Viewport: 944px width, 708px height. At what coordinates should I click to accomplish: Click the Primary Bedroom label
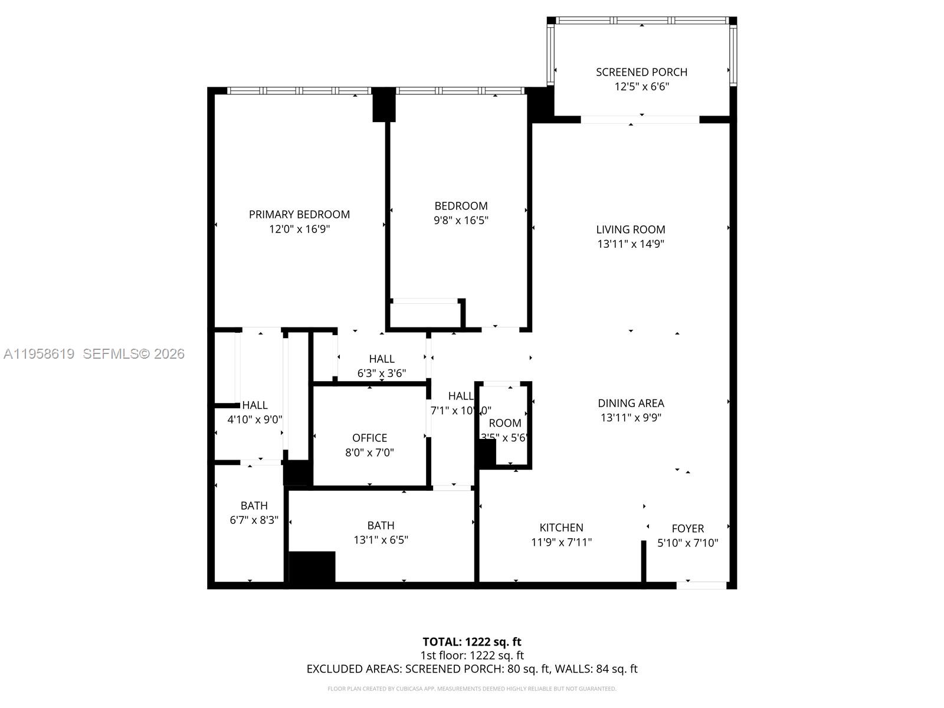click(299, 214)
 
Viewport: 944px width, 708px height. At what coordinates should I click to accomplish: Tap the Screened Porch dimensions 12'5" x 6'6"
click(641, 87)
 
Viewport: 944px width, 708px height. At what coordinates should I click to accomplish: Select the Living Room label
click(630, 230)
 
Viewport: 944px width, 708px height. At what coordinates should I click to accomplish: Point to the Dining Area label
click(631, 403)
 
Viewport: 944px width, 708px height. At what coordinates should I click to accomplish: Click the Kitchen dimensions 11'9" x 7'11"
click(561, 542)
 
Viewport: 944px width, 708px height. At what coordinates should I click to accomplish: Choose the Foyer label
click(687, 529)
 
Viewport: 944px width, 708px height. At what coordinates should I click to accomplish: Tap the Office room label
click(369, 438)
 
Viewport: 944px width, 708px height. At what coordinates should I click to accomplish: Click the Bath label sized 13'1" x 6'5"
click(381, 525)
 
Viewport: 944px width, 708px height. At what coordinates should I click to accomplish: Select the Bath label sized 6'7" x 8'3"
click(254, 506)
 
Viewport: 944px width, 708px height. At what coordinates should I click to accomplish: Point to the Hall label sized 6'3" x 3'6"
click(382, 359)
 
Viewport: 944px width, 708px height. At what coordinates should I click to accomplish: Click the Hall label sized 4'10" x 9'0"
click(255, 405)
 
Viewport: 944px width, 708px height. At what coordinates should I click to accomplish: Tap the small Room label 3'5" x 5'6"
click(504, 423)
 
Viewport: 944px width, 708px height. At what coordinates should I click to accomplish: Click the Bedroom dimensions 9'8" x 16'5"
click(461, 221)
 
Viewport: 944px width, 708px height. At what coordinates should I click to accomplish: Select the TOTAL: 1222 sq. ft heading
click(471, 642)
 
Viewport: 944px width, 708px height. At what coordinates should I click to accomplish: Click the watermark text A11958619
click(39, 354)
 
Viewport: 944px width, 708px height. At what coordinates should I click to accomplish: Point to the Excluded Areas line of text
click(471, 669)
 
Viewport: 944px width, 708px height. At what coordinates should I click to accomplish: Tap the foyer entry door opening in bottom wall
click(701, 585)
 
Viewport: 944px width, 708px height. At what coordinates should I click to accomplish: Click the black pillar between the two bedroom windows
click(383, 104)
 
